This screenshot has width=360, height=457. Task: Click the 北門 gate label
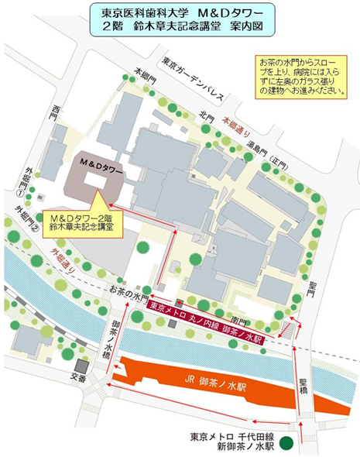click(205, 117)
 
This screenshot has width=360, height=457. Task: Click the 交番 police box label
click(80, 380)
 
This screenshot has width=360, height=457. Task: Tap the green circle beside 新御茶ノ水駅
click(286, 443)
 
